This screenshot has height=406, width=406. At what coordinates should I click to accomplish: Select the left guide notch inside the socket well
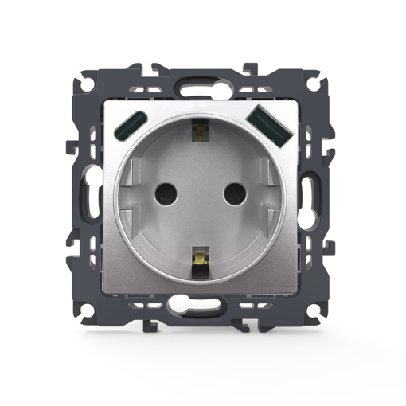coord(133,172)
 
